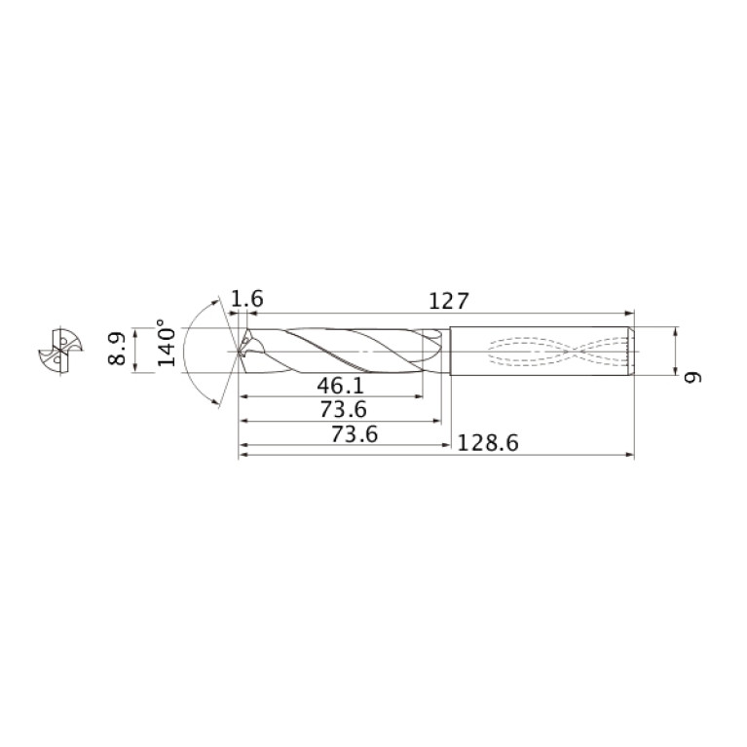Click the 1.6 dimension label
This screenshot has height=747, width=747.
(x=246, y=299)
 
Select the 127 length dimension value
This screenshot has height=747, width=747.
(x=449, y=302)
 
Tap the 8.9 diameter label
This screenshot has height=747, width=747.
(x=117, y=349)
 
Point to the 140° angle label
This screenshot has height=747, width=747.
(x=167, y=343)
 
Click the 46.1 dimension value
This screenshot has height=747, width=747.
(x=341, y=386)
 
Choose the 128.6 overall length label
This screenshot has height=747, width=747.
(x=487, y=443)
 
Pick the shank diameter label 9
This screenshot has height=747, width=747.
(x=692, y=377)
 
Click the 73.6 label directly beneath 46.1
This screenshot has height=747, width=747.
(x=343, y=410)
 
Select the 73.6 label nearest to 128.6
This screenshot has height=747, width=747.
(x=355, y=434)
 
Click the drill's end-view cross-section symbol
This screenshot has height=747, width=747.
(x=60, y=352)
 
